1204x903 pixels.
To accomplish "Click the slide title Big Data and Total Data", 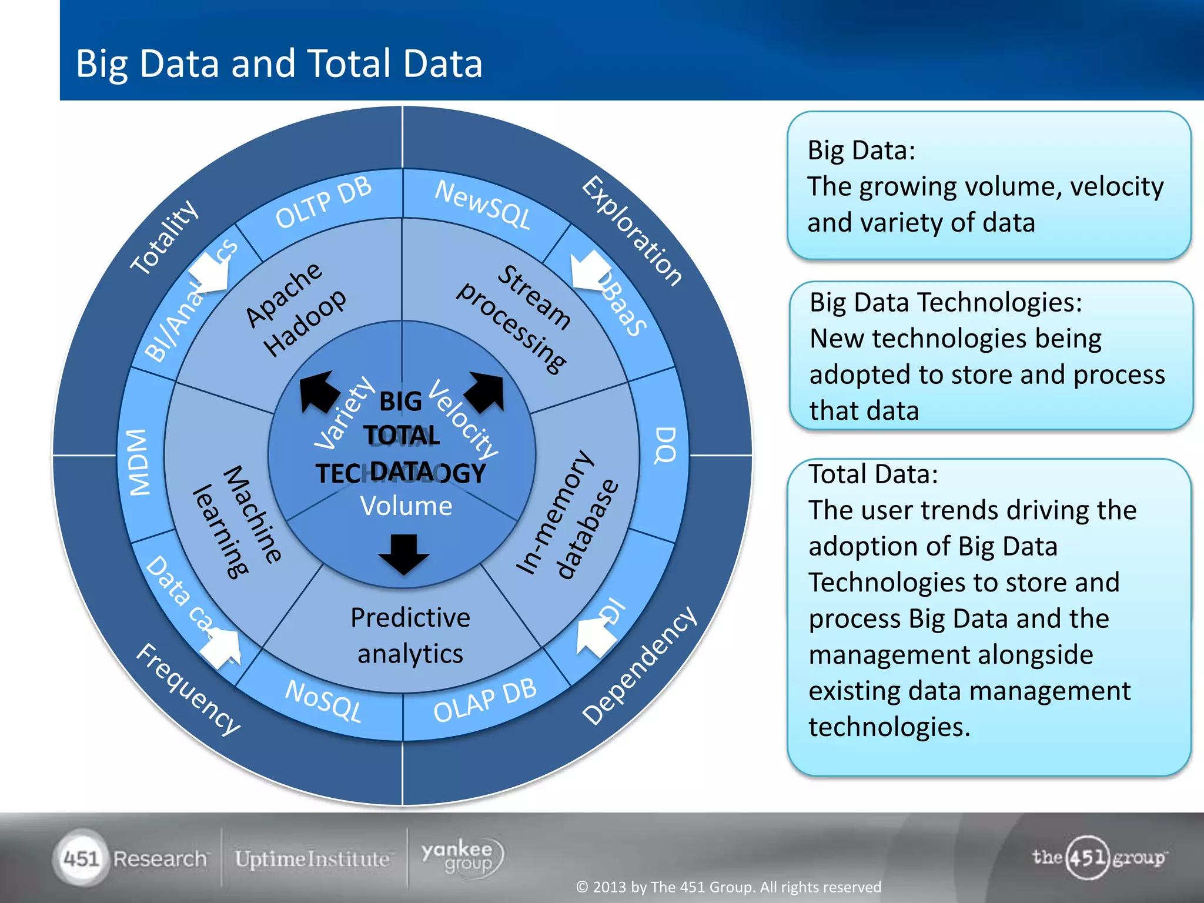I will (279, 63).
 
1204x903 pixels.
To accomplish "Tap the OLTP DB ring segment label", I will (323, 202).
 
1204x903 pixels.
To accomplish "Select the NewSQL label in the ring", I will (482, 205).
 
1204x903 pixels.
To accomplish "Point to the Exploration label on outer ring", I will (633, 230).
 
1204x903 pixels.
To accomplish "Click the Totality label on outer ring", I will (164, 238).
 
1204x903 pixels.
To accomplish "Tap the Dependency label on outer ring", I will (640, 665).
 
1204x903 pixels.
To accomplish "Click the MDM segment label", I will (140, 463).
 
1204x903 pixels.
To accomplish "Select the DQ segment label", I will (665, 445).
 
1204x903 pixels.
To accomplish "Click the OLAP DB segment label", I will (484, 700).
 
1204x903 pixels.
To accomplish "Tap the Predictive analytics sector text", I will (410, 636).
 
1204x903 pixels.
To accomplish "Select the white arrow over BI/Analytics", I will (210, 272).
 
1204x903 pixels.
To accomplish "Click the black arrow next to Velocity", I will (486, 392).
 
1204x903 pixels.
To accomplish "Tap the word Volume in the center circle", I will (406, 506).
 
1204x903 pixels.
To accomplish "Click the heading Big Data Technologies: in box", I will (945, 303).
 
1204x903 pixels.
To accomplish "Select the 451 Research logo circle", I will (81, 858).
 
